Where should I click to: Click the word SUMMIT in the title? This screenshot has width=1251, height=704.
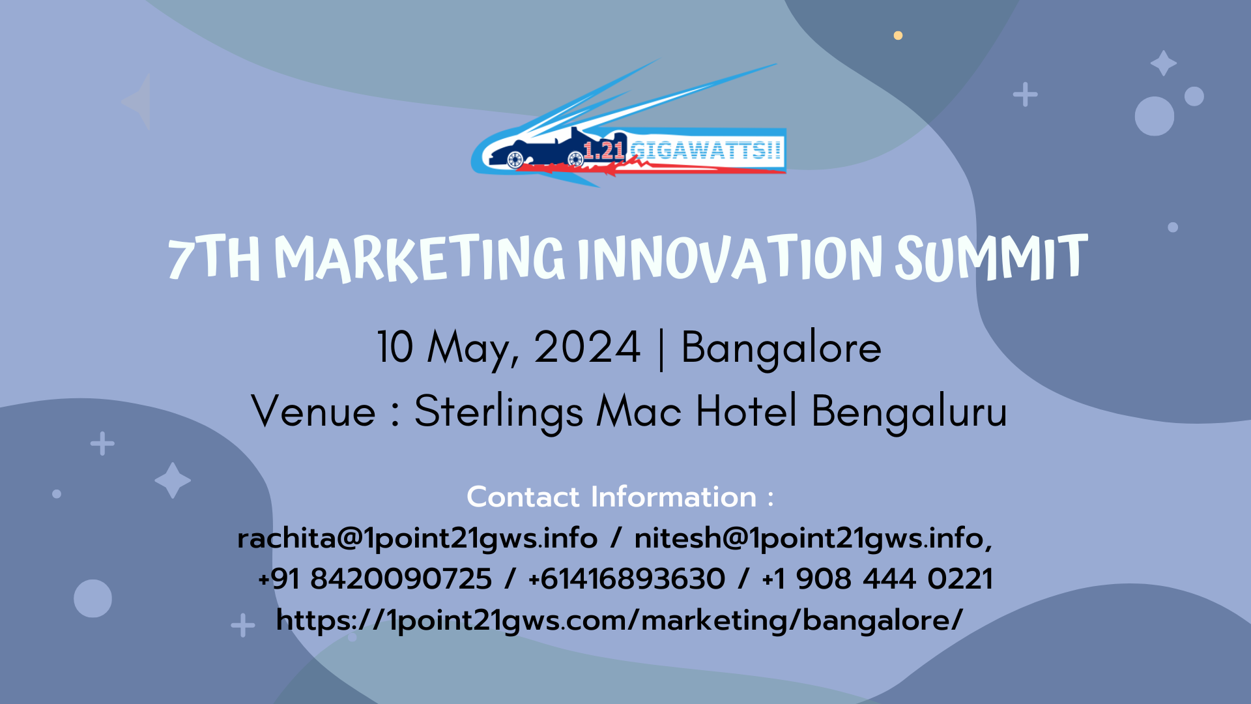click(x=991, y=258)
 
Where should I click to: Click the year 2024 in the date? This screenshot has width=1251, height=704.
click(x=587, y=347)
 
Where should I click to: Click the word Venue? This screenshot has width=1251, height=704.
click(x=313, y=411)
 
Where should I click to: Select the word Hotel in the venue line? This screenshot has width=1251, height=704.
click(x=747, y=411)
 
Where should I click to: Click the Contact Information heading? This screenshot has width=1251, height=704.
click(x=620, y=497)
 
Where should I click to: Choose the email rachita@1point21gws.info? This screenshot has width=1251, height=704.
click(x=418, y=539)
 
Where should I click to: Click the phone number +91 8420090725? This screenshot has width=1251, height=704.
click(x=375, y=579)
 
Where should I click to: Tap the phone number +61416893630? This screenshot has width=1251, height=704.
click(x=626, y=579)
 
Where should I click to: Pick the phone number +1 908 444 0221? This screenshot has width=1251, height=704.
click(x=877, y=579)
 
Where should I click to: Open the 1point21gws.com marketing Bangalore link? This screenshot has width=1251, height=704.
click(x=619, y=621)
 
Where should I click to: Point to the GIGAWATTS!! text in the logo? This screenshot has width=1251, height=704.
click(x=705, y=151)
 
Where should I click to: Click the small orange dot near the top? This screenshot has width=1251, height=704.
click(x=898, y=35)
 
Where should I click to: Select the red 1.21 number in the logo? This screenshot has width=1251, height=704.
click(x=604, y=151)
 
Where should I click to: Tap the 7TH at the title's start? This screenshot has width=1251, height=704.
click(x=214, y=259)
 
